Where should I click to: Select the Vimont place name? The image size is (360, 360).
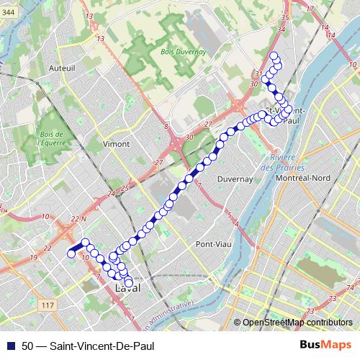pyautogui.click(x=117, y=143)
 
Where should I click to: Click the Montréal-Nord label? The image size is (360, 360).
pyautogui.click(x=308, y=178)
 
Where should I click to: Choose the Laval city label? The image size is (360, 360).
pyautogui.click(x=127, y=290)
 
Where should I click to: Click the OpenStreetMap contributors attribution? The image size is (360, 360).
pyautogui.click(x=297, y=323)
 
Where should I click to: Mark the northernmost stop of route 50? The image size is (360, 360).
pyautogui.click(x=274, y=56)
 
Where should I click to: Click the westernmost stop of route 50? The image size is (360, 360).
pyautogui.click(x=71, y=253)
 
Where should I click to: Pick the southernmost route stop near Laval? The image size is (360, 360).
pyautogui.click(x=129, y=283)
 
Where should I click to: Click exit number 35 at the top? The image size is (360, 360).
pyautogui.click(x=285, y=17)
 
